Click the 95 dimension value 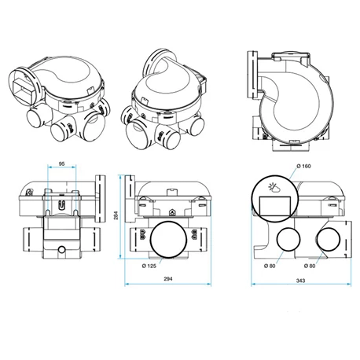pos(61,165)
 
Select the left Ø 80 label pos(274,265)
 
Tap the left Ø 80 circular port pos(288,241)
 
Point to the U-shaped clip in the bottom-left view pos(61,202)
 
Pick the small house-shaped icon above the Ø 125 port pos(172,212)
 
